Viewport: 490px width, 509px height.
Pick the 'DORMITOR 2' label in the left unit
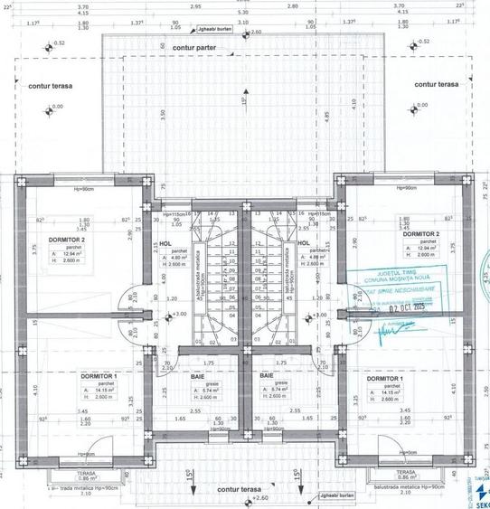tap(67, 237)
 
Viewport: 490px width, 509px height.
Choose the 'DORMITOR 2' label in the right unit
tap(420, 232)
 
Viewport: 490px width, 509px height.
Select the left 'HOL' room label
tap(165, 243)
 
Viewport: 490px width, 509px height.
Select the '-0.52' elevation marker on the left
tap(57, 42)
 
